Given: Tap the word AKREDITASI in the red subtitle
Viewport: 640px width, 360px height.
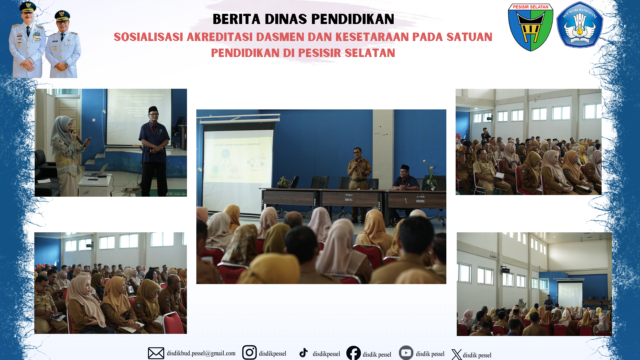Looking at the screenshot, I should (219, 37).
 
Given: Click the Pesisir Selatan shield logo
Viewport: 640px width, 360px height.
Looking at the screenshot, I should (530, 27).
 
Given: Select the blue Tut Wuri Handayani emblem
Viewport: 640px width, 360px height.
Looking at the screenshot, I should (579, 25).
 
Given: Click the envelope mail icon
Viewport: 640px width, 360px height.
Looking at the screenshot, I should (156, 353).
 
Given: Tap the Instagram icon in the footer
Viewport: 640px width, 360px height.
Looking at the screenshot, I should (249, 352).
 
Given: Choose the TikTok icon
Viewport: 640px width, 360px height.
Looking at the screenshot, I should (303, 353).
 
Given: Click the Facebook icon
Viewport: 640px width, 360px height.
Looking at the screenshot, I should (353, 353).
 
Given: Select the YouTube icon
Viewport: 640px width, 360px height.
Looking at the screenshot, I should (406, 353).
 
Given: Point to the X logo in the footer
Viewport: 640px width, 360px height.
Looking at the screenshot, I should (456, 354).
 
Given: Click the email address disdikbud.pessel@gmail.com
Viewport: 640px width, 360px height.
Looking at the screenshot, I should (201, 353).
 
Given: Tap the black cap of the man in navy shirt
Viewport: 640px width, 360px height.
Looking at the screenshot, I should (153, 109).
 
